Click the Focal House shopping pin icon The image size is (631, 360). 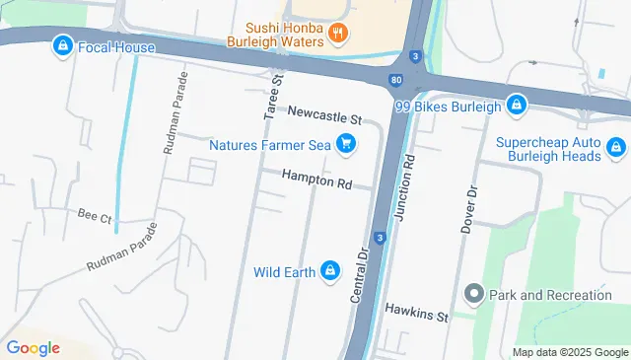(63, 45)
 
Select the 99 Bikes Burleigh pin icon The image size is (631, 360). (517, 104)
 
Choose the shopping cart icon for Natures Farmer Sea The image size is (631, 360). (345, 145)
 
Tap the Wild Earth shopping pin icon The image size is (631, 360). (331, 270)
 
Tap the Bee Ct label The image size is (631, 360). (95, 215)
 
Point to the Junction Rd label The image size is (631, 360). (402, 186)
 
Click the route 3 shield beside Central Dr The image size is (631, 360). (380, 238)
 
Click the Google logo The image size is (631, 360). (33, 348)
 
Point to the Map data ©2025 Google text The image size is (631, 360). (570, 352)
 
